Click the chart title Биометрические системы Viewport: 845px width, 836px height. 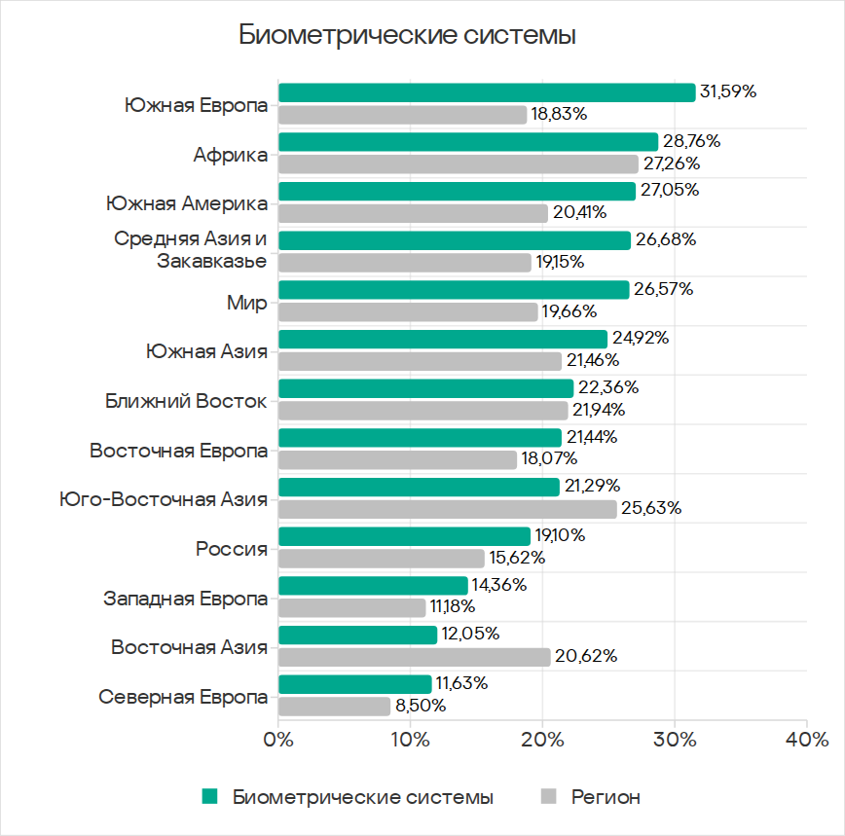[408, 36]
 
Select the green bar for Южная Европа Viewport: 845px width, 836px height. [487, 92]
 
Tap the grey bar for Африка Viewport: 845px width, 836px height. [459, 164]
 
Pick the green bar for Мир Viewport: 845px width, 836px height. [454, 290]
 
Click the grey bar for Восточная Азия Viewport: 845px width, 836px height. [415, 657]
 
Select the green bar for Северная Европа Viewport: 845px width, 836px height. [355, 684]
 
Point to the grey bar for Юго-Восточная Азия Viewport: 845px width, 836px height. [448, 509]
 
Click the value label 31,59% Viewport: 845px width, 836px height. [728, 92]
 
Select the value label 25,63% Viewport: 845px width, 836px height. [651, 509]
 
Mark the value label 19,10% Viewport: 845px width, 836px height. [564, 536]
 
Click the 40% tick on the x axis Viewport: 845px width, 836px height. [807, 740]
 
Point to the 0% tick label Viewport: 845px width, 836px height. [279, 740]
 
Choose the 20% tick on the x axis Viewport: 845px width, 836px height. [542, 740]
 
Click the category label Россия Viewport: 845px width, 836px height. [232, 549]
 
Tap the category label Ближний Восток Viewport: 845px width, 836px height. [186, 401]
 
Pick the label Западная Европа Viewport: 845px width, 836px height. [186, 599]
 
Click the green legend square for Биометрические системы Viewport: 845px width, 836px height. [209, 797]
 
